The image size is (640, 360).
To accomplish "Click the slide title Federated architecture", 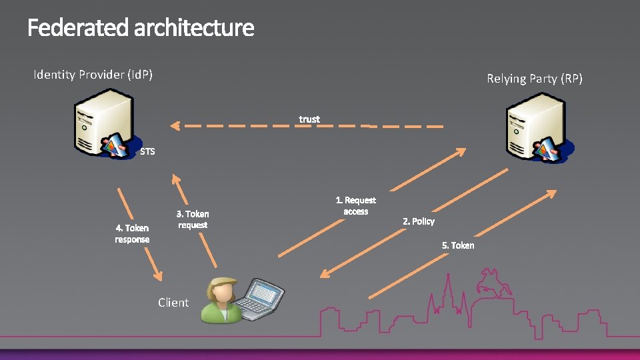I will tap(141, 28).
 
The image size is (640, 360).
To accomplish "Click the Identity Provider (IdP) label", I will tap(93, 75).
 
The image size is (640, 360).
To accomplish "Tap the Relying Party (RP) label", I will tap(535, 79).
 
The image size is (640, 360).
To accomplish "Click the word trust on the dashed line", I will tap(309, 119).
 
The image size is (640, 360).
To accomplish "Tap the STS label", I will tap(147, 151).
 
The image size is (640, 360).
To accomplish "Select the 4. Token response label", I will tap(132, 233).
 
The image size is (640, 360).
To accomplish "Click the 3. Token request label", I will tap(193, 219).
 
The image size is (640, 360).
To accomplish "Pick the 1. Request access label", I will tap(355, 205).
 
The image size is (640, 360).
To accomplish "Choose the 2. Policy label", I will tap(419, 221).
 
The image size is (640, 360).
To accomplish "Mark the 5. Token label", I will tap(458, 245).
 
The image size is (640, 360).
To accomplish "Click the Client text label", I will tap(173, 303).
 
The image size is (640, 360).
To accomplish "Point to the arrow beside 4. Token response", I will tap(140, 233).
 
